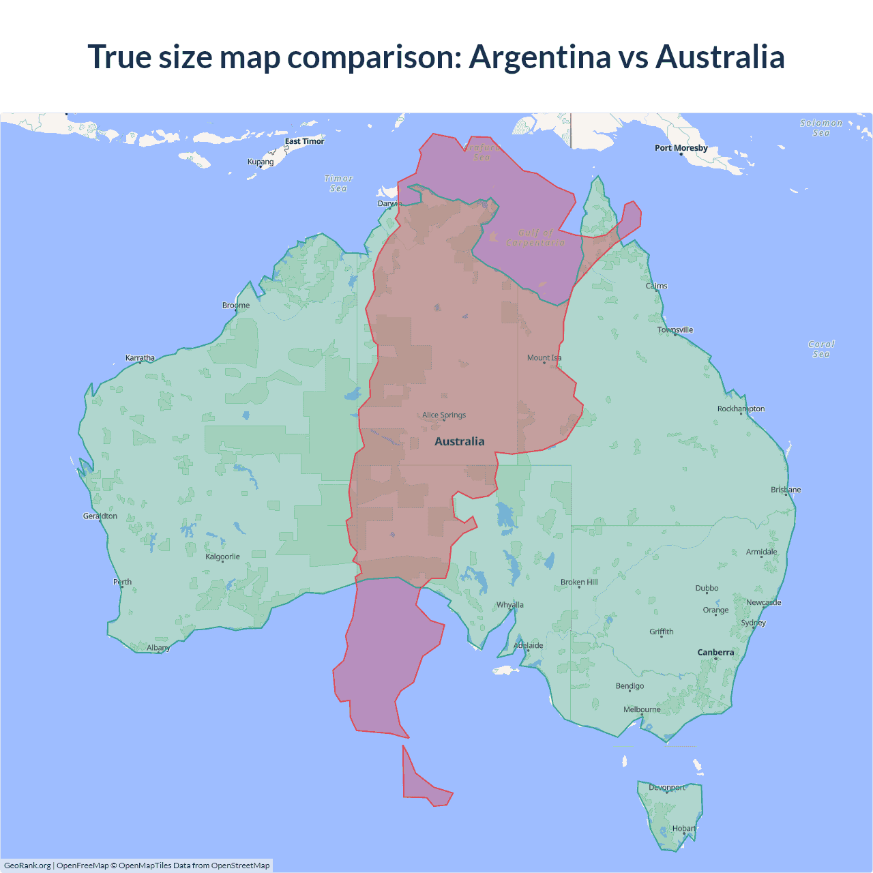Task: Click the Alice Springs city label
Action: [444, 415]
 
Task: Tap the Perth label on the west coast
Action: [123, 582]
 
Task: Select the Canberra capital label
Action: [715, 653]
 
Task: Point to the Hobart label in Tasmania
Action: [684, 829]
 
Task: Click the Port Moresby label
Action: [681, 148]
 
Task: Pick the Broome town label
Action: [236, 305]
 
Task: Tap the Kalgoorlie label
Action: [222, 557]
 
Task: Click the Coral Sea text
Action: [821, 349]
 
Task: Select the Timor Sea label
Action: [338, 183]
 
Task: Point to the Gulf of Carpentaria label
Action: [535, 237]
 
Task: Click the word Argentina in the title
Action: [539, 57]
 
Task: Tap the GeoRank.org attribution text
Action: [27, 865]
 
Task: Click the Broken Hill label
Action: [578, 582]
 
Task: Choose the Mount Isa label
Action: [544, 357]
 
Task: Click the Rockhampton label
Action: [741, 409]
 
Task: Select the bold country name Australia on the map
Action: [460, 441]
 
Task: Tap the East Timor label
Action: [304, 141]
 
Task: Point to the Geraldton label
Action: [100, 516]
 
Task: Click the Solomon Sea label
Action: [821, 128]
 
